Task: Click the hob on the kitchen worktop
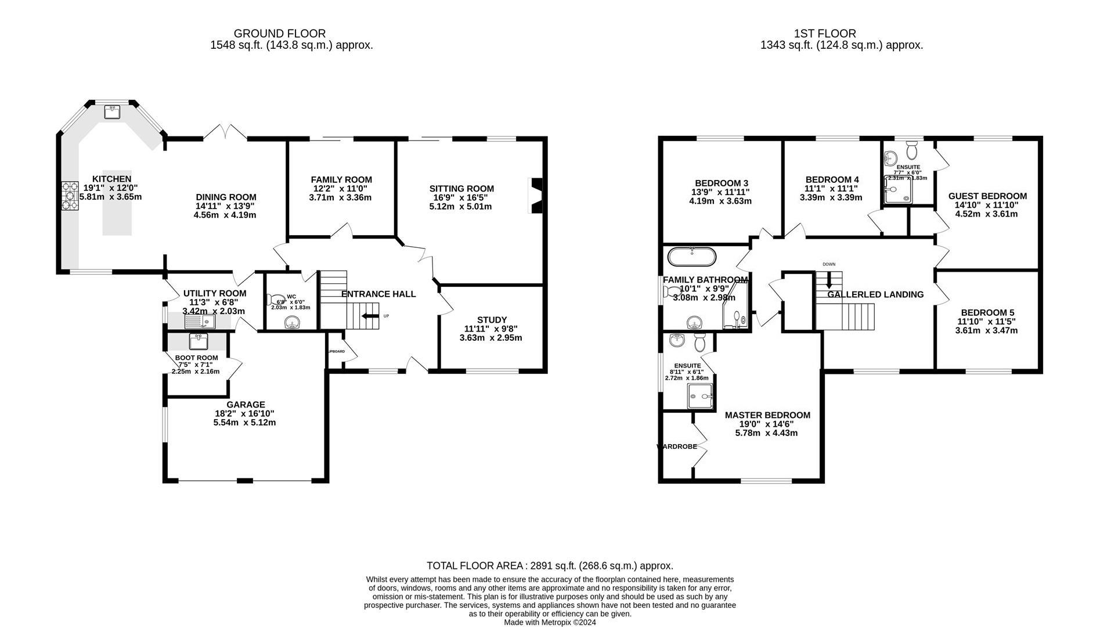[x=70, y=196]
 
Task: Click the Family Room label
[x=341, y=180]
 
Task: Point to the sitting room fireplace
[x=538, y=196]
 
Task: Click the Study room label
[x=492, y=320]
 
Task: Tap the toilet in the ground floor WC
[x=273, y=300]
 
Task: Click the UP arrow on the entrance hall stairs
[x=368, y=316]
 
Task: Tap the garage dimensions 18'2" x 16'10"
[x=244, y=413]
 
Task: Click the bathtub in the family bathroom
[x=692, y=256]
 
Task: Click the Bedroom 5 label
[x=987, y=312]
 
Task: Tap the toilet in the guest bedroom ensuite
[x=911, y=150]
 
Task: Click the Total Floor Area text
[x=550, y=565]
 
